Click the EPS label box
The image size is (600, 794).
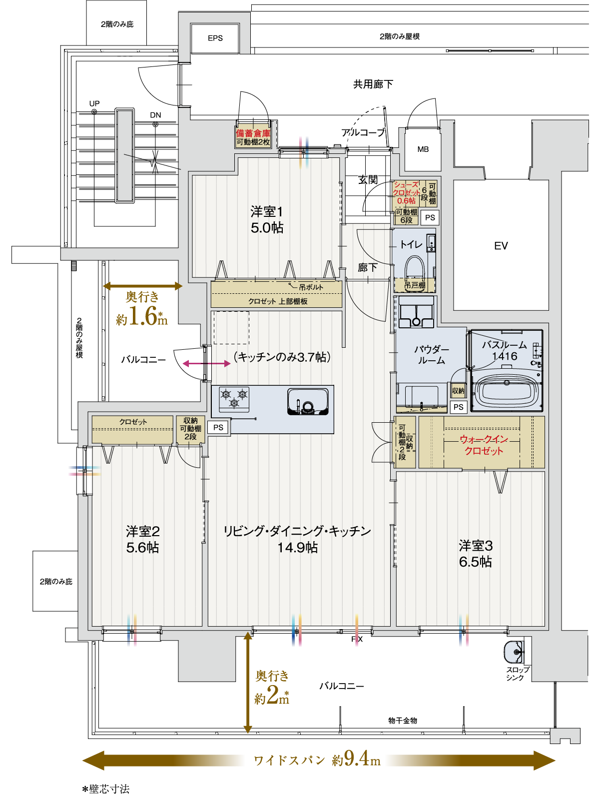pyautogui.click(x=215, y=38)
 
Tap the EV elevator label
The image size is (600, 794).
pyautogui.click(x=501, y=246)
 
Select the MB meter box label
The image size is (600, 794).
pyautogui.click(x=423, y=149)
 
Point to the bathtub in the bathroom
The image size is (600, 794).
pyautogui.click(x=507, y=390)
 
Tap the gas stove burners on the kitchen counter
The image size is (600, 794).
pyautogui.click(x=234, y=399)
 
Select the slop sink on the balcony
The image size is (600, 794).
pyautogui.click(x=514, y=652)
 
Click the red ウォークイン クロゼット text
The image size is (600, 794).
pyautogui.click(x=484, y=445)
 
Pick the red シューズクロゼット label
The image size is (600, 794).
pyautogui.click(x=406, y=193)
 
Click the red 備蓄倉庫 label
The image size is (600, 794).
pyautogui.click(x=253, y=133)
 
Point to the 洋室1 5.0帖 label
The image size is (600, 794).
pyautogui.click(x=267, y=220)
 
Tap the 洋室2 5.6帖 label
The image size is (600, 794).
pyautogui.click(x=143, y=539)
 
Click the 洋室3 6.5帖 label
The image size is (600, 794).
pyautogui.click(x=476, y=554)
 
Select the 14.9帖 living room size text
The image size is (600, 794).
pyautogui.click(x=298, y=548)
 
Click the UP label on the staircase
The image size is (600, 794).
pyautogui.click(x=94, y=103)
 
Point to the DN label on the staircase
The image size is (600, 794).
pyautogui.click(x=155, y=115)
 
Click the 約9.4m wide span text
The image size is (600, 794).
pyautogui.click(x=356, y=760)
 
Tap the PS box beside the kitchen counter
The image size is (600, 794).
pyautogui.click(x=218, y=428)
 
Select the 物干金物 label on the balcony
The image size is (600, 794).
pyautogui.click(x=403, y=721)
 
